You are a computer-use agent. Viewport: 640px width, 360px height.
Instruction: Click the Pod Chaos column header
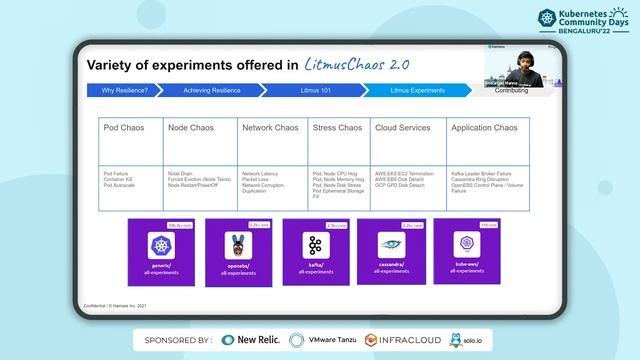tap(125, 128)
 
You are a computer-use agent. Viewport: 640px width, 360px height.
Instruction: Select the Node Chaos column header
tap(191, 128)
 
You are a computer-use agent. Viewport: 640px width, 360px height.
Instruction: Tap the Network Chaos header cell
tap(271, 128)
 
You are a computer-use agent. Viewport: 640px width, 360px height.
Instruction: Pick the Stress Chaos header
tap(337, 128)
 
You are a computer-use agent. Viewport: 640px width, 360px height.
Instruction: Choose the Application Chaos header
tap(484, 128)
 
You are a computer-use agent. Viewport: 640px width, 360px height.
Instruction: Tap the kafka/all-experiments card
tap(312, 250)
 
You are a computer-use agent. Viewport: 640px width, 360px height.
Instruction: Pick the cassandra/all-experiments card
tap(390, 249)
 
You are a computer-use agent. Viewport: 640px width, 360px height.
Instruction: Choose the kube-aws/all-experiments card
tap(466, 249)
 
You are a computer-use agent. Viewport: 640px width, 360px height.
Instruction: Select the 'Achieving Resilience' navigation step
tap(212, 90)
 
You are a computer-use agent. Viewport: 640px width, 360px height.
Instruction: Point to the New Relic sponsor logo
tap(251, 340)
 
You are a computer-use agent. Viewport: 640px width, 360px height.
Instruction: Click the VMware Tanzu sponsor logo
tap(324, 340)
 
